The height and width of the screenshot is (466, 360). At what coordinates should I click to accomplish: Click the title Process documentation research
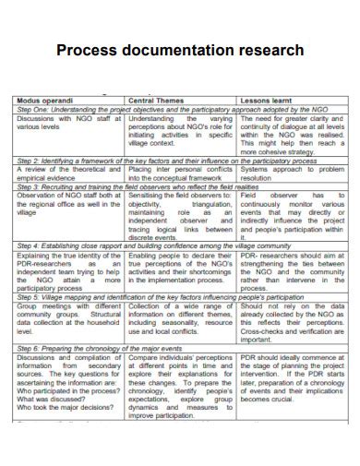[180, 49]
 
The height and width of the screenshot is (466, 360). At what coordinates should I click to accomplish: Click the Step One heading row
[180, 109]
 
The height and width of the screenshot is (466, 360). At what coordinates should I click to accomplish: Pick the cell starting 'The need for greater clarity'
[292, 134]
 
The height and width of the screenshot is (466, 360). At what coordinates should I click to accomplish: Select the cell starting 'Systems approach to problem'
[292, 173]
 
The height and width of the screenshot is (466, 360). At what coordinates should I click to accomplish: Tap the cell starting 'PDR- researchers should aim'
[292, 272]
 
